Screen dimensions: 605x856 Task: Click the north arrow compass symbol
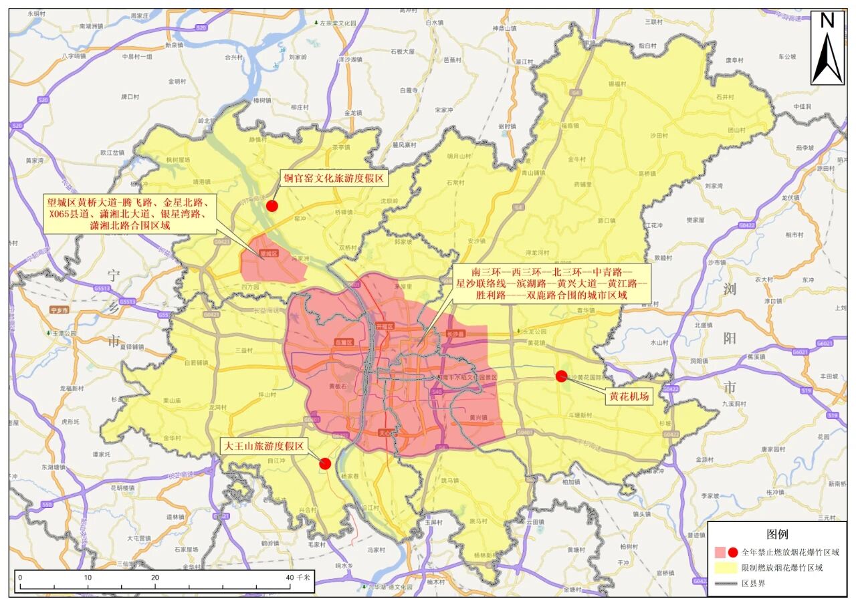pyautogui.click(x=827, y=48)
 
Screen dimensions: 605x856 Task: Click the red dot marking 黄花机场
pyautogui.click(x=561, y=376)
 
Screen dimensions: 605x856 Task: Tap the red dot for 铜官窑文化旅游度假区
pyautogui.click(x=272, y=205)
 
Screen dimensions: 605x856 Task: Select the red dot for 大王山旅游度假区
pyautogui.click(x=326, y=463)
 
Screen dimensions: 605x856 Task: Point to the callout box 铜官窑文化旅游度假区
pyautogui.click(x=332, y=178)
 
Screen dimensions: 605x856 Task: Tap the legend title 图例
pyautogui.click(x=777, y=535)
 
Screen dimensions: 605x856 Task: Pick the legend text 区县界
pyautogui.click(x=755, y=584)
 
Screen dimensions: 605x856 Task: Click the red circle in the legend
pyautogui.click(x=733, y=552)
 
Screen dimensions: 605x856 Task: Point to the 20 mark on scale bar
pyautogui.click(x=155, y=577)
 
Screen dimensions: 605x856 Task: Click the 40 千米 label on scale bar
pyautogui.click(x=298, y=577)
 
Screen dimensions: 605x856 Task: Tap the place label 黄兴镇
pyautogui.click(x=477, y=418)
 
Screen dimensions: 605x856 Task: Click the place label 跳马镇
pyautogui.click(x=478, y=521)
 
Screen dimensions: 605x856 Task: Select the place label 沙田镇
pyautogui.click(x=659, y=135)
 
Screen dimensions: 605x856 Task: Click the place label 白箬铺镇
pyautogui.click(x=195, y=363)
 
